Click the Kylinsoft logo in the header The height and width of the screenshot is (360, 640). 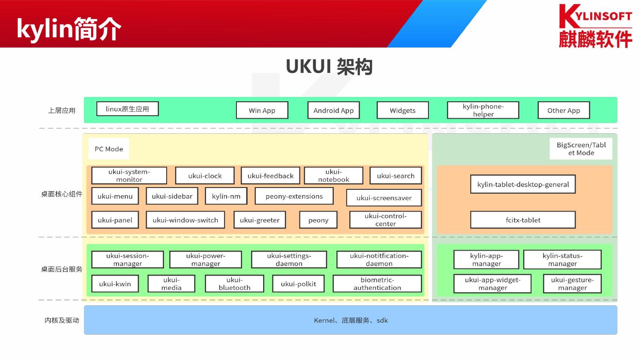tap(595, 25)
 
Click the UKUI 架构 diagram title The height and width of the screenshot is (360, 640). tap(329, 67)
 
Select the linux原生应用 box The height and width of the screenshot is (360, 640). tap(128, 109)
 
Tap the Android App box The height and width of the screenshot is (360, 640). tap(333, 110)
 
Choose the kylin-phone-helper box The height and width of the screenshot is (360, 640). tap(483, 110)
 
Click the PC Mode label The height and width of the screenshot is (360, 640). tap(109, 149)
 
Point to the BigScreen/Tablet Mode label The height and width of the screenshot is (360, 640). tap(581, 149)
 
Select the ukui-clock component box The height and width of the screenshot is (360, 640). tap(204, 176)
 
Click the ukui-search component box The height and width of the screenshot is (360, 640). tap(396, 176)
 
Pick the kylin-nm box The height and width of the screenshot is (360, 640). tap(226, 196)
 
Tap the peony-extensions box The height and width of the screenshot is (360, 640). tap(294, 196)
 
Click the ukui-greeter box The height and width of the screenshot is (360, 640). tap(260, 220)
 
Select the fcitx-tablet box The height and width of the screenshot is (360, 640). tap(523, 220)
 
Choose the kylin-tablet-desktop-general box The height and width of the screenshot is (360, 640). tap(523, 184)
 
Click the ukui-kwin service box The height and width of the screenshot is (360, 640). tap(115, 284)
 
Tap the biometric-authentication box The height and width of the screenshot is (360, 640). tap(377, 284)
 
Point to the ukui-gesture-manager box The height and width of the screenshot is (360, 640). tap(572, 284)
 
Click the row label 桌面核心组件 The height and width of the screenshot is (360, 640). tap(62, 194)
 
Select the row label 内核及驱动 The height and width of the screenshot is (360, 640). tap(62, 320)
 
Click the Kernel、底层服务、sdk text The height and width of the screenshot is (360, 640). tap(351, 320)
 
